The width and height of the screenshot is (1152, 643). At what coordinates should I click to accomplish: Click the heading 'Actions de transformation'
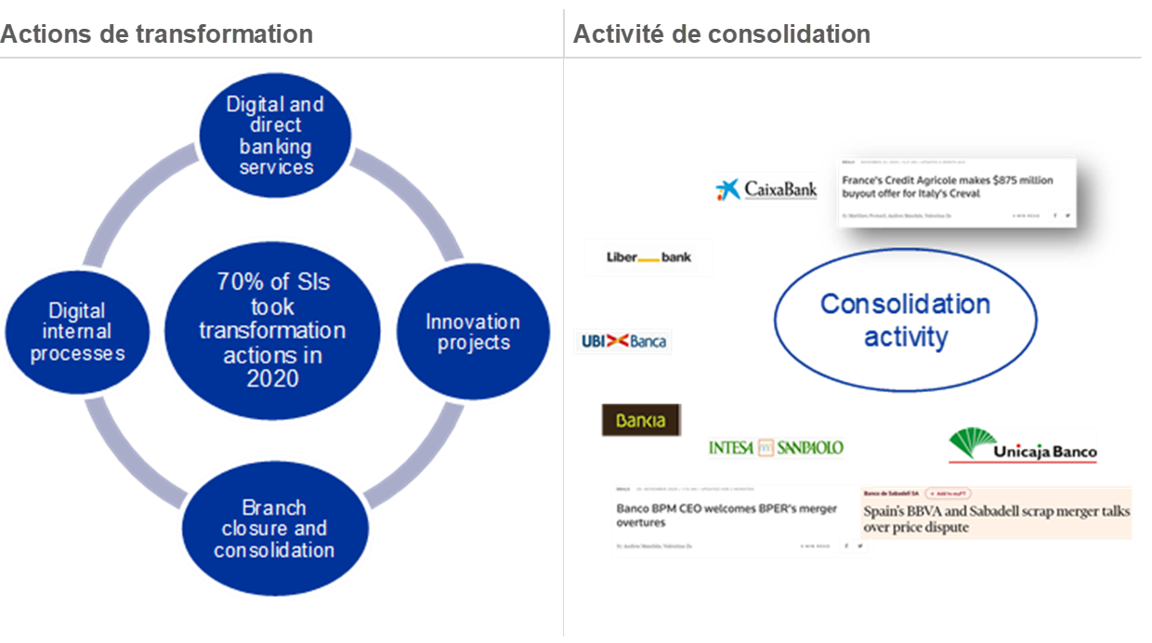(x=157, y=34)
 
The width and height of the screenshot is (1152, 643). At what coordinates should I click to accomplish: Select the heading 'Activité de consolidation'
(x=722, y=34)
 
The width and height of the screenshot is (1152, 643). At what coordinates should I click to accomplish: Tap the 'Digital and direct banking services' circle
(x=275, y=136)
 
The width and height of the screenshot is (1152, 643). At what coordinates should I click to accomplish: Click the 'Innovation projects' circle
(x=472, y=332)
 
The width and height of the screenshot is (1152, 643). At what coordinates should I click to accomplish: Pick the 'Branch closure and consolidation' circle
(x=274, y=529)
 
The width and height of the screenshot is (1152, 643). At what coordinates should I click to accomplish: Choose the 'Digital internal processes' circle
(x=77, y=332)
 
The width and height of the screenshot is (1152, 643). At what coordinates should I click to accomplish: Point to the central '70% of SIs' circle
(x=272, y=330)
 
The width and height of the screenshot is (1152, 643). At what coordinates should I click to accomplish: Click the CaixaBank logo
(x=766, y=189)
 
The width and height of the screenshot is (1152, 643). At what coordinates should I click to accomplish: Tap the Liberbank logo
(x=648, y=257)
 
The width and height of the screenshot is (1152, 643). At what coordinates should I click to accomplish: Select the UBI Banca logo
(x=622, y=342)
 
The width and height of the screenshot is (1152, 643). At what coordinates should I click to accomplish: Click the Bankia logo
(x=640, y=420)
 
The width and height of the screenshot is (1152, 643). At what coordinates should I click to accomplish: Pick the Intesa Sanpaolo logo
(x=776, y=448)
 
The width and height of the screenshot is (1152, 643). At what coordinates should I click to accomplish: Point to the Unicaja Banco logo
(x=1022, y=445)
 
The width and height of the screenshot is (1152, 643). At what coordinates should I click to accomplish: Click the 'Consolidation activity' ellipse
(x=905, y=320)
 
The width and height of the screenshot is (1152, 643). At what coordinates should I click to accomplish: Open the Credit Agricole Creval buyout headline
(x=948, y=187)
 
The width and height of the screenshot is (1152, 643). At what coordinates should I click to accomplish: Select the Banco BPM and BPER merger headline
(x=727, y=516)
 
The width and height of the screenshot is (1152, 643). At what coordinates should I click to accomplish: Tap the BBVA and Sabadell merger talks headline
(x=996, y=519)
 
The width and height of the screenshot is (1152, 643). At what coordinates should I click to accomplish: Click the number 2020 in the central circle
(x=273, y=378)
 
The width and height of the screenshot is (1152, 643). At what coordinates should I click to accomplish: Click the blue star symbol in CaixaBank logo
(x=728, y=190)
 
